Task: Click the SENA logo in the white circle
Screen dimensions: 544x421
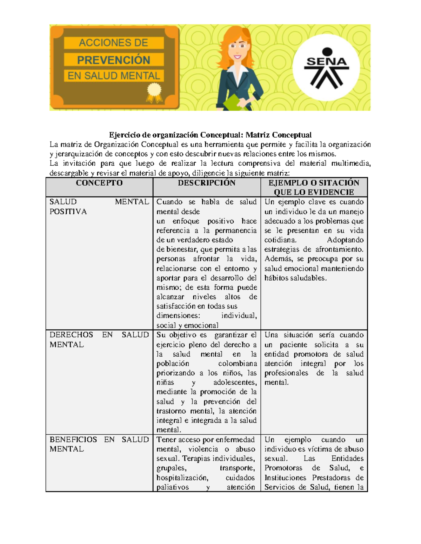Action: (x=326, y=68)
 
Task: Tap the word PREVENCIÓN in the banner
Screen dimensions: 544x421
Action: (x=114, y=60)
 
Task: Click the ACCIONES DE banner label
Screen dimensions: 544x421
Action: (x=114, y=43)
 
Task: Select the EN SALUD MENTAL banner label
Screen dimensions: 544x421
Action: (x=114, y=76)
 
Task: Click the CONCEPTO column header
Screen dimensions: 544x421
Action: (x=99, y=183)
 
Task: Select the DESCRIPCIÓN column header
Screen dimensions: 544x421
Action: (x=206, y=183)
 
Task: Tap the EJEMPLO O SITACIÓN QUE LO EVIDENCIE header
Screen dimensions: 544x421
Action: (x=314, y=187)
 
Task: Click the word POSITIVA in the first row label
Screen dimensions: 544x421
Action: (x=68, y=212)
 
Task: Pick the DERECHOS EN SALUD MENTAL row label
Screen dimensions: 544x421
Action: (x=99, y=339)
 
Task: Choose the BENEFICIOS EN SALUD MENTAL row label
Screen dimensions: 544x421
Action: (x=99, y=444)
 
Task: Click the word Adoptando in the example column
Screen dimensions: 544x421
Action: (x=345, y=240)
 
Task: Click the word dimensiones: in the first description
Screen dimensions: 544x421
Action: (x=178, y=316)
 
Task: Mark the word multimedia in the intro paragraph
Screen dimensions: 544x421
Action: (x=350, y=163)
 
